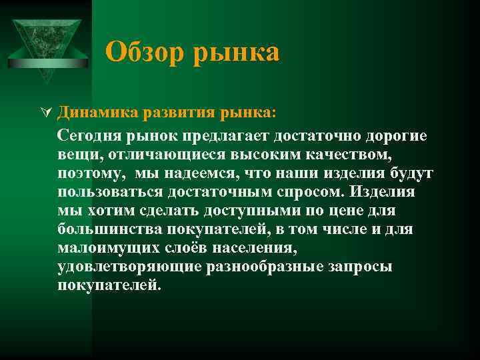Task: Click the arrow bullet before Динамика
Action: [x=45, y=111]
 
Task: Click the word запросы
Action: [x=358, y=267]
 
